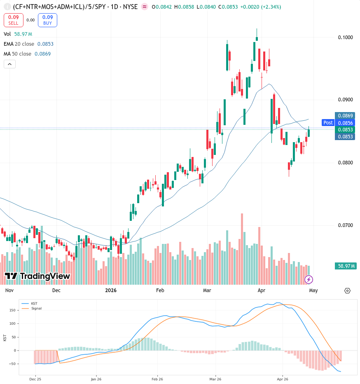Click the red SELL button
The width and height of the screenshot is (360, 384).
click(x=14, y=20)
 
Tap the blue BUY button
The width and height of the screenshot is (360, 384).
click(x=47, y=20)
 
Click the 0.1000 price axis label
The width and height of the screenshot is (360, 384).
click(x=345, y=37)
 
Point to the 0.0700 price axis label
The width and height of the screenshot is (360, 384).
click(x=345, y=225)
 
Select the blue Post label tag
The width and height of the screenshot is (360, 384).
click(x=328, y=123)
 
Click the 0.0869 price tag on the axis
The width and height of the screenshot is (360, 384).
click(x=345, y=116)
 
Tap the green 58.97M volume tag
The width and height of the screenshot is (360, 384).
click(x=346, y=266)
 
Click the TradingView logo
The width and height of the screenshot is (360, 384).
click(x=37, y=276)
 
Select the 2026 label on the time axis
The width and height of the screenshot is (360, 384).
click(x=111, y=290)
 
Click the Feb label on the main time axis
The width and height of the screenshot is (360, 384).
click(x=160, y=290)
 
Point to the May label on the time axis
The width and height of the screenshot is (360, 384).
click(x=313, y=290)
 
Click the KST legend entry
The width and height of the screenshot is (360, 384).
click(x=34, y=303)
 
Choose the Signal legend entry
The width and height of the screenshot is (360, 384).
click(x=37, y=308)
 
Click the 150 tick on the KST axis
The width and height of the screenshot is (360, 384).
click(x=12, y=310)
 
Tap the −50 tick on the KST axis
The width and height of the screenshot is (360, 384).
click(x=12, y=364)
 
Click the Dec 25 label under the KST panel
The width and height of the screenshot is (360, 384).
click(x=35, y=379)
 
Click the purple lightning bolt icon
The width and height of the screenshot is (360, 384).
click(x=309, y=279)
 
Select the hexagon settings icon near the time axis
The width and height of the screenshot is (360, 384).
click(x=347, y=291)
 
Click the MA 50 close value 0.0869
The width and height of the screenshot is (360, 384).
click(x=42, y=54)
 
